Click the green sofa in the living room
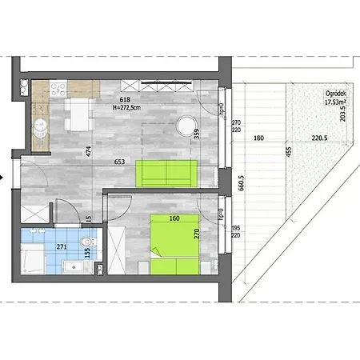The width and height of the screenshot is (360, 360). point(166,172)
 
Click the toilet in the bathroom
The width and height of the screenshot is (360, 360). point(90,238)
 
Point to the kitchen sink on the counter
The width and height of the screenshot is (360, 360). point(40,124)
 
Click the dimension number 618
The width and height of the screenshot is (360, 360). point(126,98)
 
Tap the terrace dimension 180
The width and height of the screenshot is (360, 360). point(258,138)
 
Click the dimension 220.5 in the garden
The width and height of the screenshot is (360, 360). point(320,138)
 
